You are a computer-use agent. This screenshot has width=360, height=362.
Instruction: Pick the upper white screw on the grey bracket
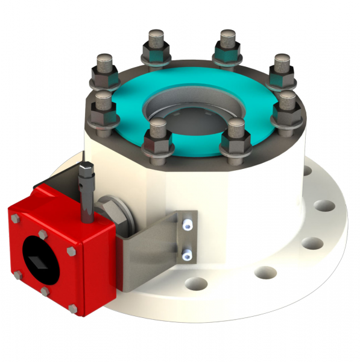pos(188,224)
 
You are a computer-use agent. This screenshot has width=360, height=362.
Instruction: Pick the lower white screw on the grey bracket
pos(188,256)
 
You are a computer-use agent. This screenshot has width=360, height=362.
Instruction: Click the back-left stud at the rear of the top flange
pos(155,48)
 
